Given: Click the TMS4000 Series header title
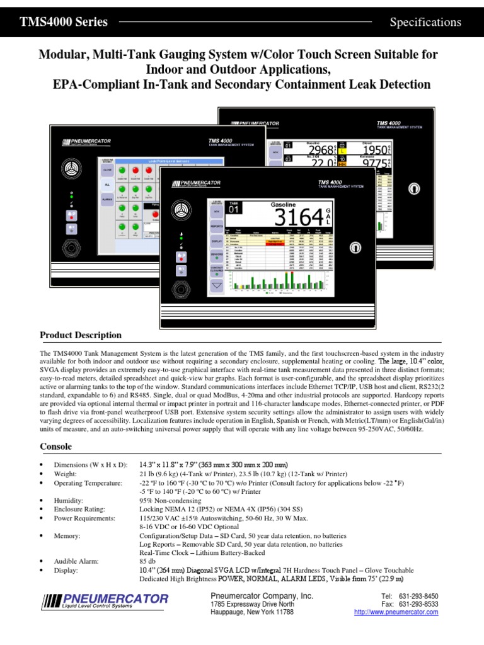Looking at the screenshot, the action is [64, 22].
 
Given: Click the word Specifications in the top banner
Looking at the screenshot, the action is [425, 22].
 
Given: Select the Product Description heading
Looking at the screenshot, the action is [81, 335].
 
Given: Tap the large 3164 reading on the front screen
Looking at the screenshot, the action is [299, 218].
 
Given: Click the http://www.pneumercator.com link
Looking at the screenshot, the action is [396, 612].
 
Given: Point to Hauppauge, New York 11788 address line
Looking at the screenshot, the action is [251, 612].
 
